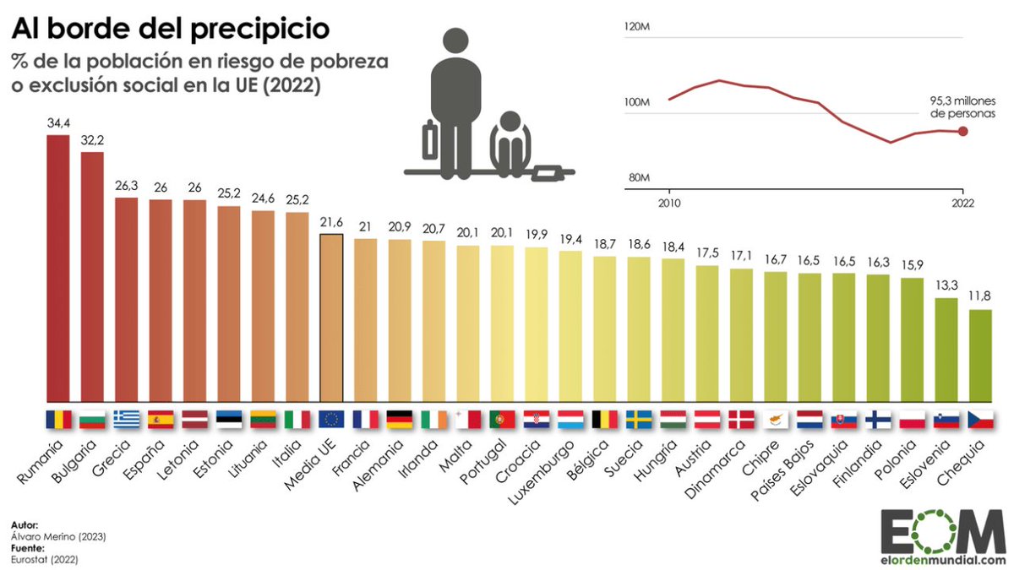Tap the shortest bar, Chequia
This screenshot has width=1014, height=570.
tap(980, 356)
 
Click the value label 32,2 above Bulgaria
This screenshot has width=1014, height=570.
tap(92, 141)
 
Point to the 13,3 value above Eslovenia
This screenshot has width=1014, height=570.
tap(946, 286)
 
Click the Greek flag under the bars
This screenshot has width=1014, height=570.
tap(127, 419)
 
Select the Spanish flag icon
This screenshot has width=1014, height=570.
tap(161, 419)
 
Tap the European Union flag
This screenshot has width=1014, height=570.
tap(330, 419)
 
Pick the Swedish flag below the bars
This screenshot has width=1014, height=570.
tap(638, 419)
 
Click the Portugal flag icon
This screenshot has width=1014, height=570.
tap(502, 419)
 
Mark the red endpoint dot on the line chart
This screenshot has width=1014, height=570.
tap(962, 131)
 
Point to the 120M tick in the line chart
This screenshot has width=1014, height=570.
tap(636, 27)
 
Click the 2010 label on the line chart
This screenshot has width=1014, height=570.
tap(668, 203)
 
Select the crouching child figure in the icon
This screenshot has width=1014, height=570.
tap(510, 144)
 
